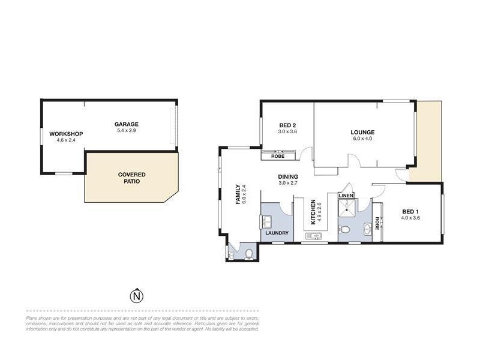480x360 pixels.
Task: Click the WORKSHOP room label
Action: tap(66, 133)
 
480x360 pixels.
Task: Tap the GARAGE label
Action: tap(127, 124)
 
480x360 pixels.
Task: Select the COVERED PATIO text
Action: tap(131, 178)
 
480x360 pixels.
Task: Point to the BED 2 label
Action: tap(287, 125)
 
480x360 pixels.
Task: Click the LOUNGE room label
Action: tap(363, 133)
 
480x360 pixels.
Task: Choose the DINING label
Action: tap(288, 176)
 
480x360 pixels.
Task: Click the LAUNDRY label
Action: tap(277, 233)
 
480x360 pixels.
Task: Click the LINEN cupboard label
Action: tap(347, 196)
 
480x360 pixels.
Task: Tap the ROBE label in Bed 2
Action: tap(278, 156)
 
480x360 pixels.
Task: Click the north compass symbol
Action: tap(137, 296)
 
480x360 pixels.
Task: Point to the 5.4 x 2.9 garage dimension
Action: tap(127, 131)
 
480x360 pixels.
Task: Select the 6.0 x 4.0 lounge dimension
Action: tap(363, 139)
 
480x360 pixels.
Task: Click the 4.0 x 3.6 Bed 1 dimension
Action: tap(410, 218)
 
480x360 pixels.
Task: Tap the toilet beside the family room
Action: tap(249, 254)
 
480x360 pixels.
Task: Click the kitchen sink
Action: tap(313, 236)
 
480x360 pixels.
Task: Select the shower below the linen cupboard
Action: tap(347, 208)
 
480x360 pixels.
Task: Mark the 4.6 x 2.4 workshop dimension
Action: tap(66, 140)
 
